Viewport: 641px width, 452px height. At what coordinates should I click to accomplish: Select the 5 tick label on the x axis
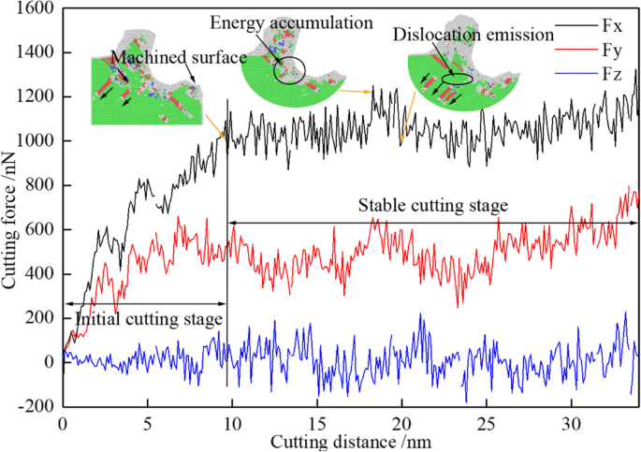point(147,422)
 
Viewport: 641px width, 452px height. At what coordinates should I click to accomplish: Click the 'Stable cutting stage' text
point(432,204)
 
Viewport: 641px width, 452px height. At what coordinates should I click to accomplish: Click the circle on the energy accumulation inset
point(287,71)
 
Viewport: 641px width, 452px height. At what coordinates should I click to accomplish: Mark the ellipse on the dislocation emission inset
point(458,80)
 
